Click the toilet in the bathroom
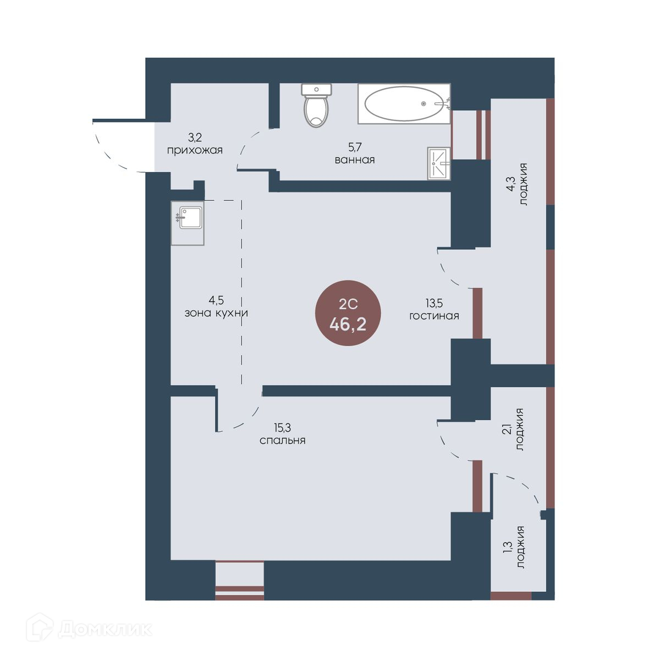tap(316, 105)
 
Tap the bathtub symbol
tap(404, 103)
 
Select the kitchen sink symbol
tap(188, 223)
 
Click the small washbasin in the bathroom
tap(439, 163)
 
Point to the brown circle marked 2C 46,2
tap(348, 313)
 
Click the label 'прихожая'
tap(195, 151)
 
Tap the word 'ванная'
tap(355, 160)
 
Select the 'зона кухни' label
tap(216, 313)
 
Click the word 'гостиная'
tap(434, 316)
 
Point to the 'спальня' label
tap(282, 440)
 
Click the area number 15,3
tap(282, 427)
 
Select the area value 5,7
tap(355, 147)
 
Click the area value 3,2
tap(195, 137)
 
